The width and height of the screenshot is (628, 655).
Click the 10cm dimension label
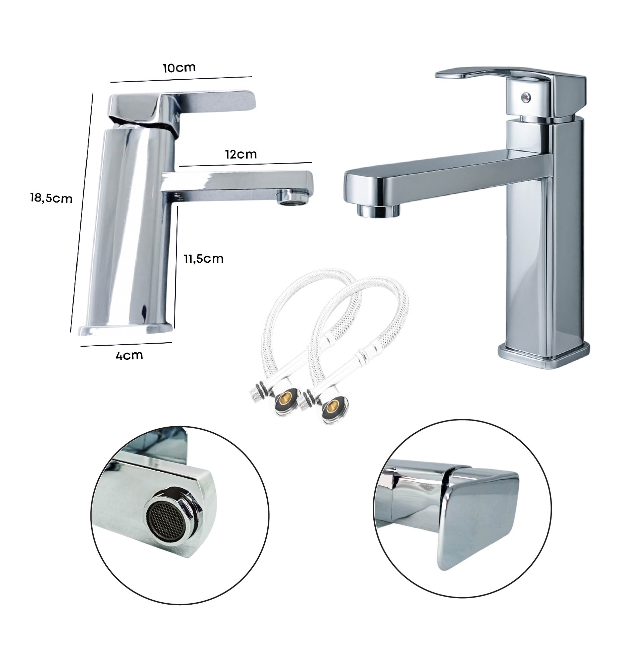[179, 68]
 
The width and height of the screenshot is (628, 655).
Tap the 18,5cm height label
[51, 198]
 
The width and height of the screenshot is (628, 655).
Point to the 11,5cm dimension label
[203, 258]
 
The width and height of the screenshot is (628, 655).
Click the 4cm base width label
[129, 355]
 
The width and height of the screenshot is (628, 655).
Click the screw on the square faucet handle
[524, 97]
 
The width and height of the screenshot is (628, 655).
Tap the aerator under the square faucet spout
[378, 210]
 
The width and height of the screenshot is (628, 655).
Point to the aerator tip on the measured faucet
[293, 198]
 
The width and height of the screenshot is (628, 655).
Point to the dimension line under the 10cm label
[181, 79]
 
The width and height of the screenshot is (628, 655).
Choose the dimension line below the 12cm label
[246, 164]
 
